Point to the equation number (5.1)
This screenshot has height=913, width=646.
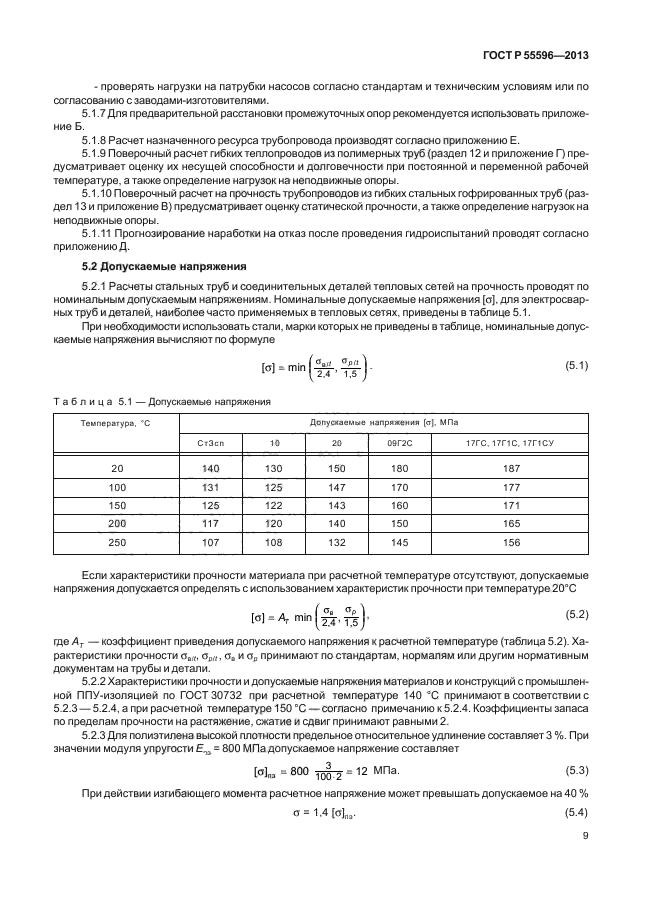[577, 365]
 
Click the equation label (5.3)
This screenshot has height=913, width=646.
[577, 770]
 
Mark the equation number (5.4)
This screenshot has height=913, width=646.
[577, 814]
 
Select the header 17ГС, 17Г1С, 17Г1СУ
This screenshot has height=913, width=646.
[513, 441]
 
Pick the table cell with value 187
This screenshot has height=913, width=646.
[513, 469]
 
